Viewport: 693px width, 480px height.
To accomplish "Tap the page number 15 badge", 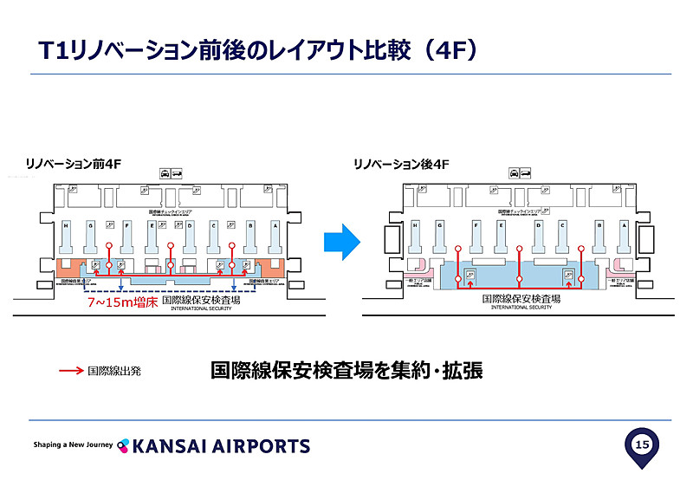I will pos(642,445).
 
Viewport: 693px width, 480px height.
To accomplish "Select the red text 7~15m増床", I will pos(122,303).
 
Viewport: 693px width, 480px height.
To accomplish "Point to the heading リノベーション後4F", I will pos(400,161).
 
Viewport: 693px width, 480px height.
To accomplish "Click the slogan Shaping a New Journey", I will pos(73,444).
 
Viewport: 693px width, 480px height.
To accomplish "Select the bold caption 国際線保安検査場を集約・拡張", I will pos(346,371).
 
